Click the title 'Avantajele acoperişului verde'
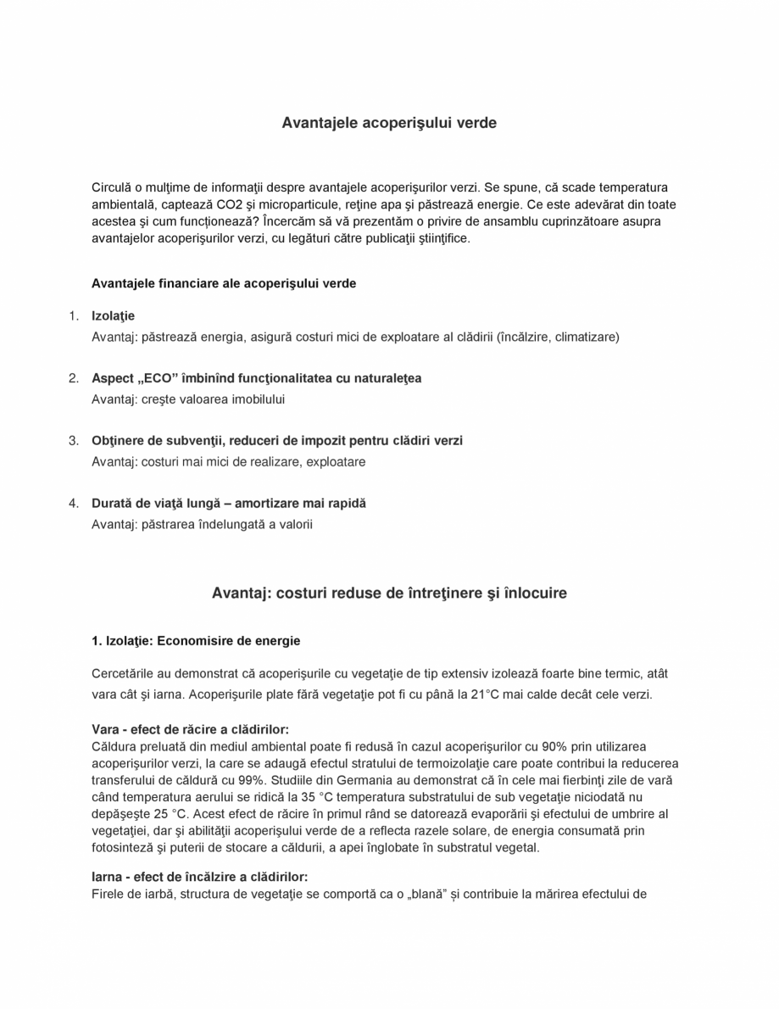pyautogui.click(x=389, y=123)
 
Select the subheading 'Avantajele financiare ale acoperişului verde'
pyautogui.click(x=224, y=283)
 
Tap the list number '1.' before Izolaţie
pyautogui.click(x=75, y=316)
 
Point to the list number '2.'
pyautogui.click(x=75, y=378)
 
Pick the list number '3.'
pyautogui.click(x=75, y=441)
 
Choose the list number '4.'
pyautogui.click(x=75, y=504)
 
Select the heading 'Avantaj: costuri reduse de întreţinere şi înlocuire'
pyautogui.click(x=389, y=594)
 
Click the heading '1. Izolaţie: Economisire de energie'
pyautogui.click(x=196, y=641)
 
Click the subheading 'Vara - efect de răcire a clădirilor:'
pyautogui.click(x=190, y=729)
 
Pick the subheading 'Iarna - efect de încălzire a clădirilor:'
pyautogui.click(x=199, y=877)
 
